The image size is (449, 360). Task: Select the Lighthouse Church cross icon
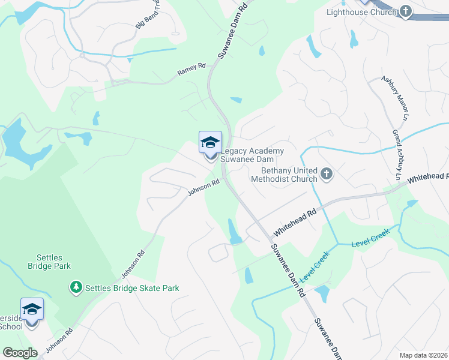pos(406,11)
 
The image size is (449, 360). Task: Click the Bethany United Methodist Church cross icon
pos(327,174)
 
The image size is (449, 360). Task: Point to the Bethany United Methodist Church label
pos(284,174)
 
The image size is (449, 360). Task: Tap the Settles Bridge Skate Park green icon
pos(76,288)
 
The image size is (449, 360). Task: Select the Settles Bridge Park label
pos(49,262)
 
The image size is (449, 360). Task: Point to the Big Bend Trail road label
pos(148,14)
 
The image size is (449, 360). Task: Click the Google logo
pos(20,353)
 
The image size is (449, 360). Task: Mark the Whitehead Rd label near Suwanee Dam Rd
pos(295,222)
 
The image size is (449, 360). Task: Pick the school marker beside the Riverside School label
pos(32,311)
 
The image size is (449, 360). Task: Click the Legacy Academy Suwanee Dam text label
pos(248,155)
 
